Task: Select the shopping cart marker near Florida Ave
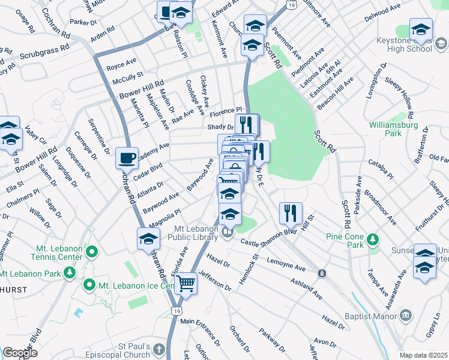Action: click(186, 283)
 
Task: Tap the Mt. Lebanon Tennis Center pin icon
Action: click(92, 251)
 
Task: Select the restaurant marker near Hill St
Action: click(290, 212)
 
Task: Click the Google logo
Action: click(20, 353)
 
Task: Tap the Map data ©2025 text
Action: click(424, 355)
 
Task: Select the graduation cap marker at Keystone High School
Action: click(421, 30)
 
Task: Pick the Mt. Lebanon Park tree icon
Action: click(70, 274)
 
